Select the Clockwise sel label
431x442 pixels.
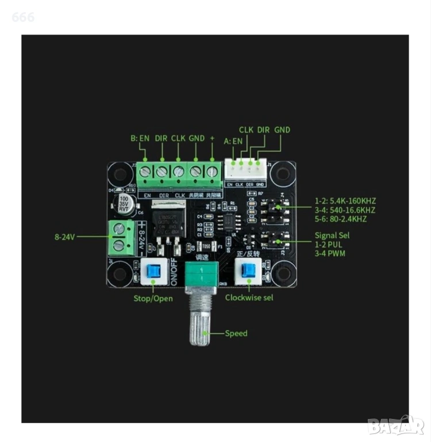(249, 298)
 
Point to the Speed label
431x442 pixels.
(236, 333)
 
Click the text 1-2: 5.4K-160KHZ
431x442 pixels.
(345, 201)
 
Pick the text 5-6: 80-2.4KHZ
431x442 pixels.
(341, 219)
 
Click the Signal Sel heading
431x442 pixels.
(332, 235)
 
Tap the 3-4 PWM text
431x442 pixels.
(330, 253)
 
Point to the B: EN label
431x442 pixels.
(140, 138)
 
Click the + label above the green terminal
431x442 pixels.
(212, 138)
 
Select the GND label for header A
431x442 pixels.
(282, 130)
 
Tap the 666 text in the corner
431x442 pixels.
(24, 17)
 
